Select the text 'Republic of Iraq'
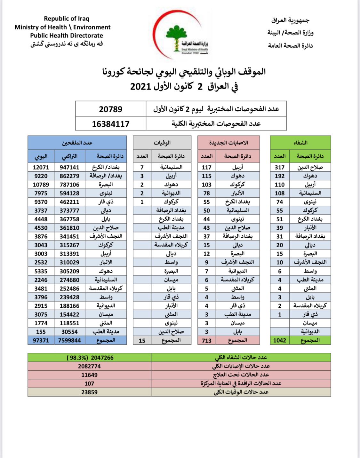coord(67,19)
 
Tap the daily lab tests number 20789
coord(110,109)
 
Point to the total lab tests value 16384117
coord(110,124)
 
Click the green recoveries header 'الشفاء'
coord(300,143)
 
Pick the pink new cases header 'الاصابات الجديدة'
coord(228,143)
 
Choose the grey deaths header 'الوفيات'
coord(162,143)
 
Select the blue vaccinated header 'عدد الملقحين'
coord(77,143)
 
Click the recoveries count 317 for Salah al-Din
coord(279,167)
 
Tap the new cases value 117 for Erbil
coord(206,167)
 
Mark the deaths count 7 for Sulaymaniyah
coord(142,167)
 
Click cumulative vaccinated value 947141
coord(69,167)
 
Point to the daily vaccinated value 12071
coord(41,167)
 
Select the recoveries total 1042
coord(279,340)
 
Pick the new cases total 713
coord(206,340)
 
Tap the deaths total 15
coord(142,341)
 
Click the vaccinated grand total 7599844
coord(69,340)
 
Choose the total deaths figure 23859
coord(89,392)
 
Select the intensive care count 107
coord(89,383)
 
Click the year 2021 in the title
coord(140,86)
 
